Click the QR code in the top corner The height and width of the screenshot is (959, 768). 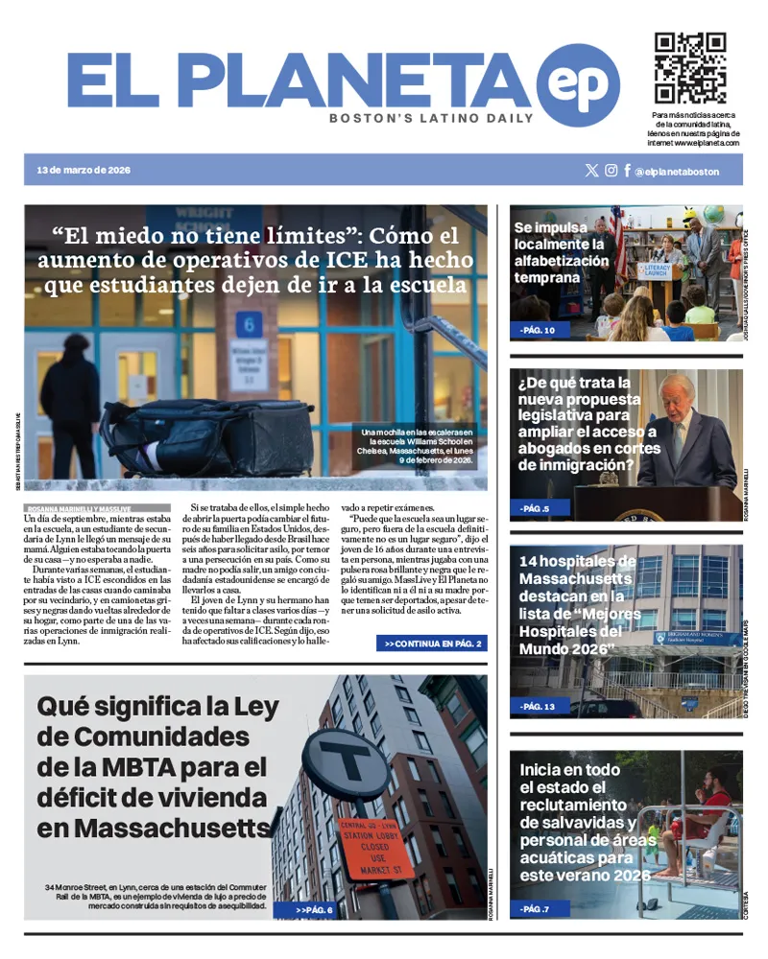pos(689,68)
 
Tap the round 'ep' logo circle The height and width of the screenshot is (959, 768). pos(577,84)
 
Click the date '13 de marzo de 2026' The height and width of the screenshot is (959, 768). pos(84,171)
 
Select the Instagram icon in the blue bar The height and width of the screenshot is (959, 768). pos(611,171)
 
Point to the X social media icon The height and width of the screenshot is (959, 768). pos(591,171)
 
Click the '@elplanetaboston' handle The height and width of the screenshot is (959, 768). pos(676,172)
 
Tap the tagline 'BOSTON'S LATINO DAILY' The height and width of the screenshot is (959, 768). pos(431,119)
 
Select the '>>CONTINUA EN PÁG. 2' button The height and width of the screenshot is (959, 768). pos(432,643)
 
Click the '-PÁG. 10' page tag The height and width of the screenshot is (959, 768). pos(538,331)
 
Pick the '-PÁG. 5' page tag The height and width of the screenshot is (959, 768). pos(535,509)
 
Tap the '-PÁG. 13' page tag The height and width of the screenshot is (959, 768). pos(538,707)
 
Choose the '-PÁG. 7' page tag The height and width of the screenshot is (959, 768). pos(535,908)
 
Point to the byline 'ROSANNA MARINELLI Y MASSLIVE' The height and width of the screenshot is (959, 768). pos(76,509)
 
